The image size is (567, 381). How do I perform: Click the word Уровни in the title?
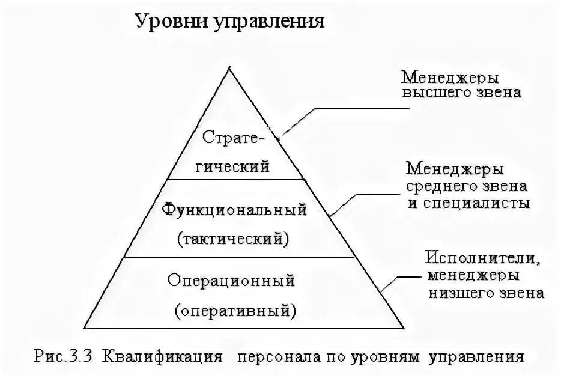tap(169, 22)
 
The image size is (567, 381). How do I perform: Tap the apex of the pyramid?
tap(228, 69)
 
